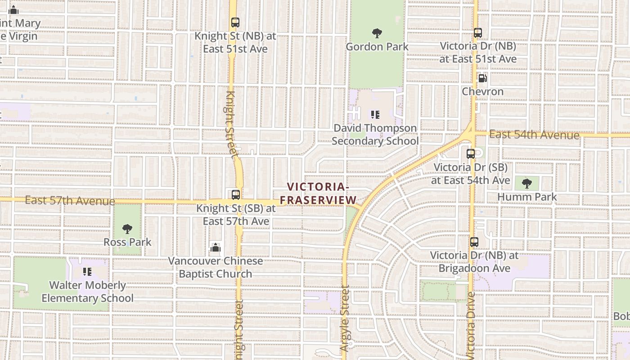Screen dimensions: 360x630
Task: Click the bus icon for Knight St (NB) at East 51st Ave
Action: [x=235, y=22]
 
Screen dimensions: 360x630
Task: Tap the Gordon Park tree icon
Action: [x=377, y=33]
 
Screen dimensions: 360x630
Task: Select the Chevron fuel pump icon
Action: [x=482, y=78]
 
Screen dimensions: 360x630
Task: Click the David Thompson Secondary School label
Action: [x=375, y=135]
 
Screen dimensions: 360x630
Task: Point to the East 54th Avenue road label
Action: [x=534, y=135]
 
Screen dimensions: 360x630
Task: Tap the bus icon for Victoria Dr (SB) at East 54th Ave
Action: [x=471, y=154]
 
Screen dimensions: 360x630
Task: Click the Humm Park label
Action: [x=527, y=197]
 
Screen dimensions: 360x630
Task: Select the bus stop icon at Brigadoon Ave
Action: [x=474, y=242]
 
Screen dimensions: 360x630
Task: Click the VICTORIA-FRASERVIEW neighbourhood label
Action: [x=318, y=193]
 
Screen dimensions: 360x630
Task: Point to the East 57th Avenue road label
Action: [x=70, y=200]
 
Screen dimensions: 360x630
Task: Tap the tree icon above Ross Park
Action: [x=127, y=229]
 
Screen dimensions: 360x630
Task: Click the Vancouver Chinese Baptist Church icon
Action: [x=216, y=247]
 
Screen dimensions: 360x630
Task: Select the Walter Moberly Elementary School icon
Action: [x=87, y=272]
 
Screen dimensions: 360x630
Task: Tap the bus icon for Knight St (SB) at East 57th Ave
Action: [x=236, y=195]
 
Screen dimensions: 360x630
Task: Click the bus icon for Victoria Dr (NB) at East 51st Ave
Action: [x=478, y=33]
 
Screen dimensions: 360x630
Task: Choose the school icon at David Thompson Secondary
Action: [x=375, y=115]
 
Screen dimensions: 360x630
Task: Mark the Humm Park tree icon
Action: [x=527, y=184]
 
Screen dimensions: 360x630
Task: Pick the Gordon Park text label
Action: [x=377, y=47]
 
